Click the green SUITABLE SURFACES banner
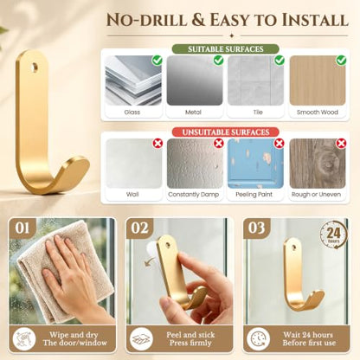tap(226, 49)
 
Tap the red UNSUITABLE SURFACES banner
tap(226, 132)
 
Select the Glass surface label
tap(132, 112)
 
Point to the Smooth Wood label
tap(318, 112)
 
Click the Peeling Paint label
tap(254, 195)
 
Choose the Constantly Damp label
tap(193, 195)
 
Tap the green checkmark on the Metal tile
tap(218, 60)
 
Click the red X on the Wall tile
tap(157, 143)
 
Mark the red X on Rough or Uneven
tap(341, 143)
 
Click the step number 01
tap(22, 228)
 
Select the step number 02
tap(139, 228)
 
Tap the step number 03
tap(256, 228)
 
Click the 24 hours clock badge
tap(333, 235)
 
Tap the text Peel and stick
tap(190, 335)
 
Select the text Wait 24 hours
tap(308, 335)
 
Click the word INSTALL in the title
tap(315, 20)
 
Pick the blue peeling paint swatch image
tap(255, 164)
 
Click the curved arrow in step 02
tap(149, 262)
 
